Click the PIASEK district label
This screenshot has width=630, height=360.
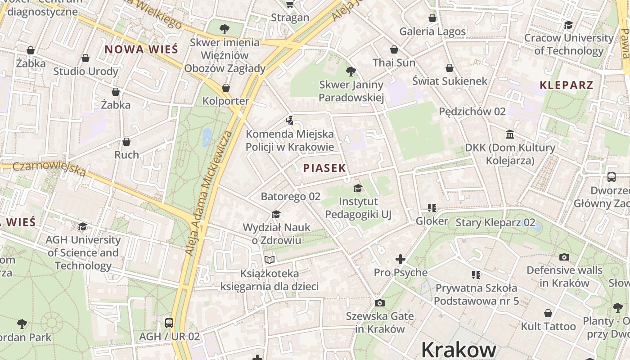click(324, 168)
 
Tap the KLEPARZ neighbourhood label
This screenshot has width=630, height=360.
click(566, 85)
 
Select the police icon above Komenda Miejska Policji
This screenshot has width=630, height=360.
click(289, 121)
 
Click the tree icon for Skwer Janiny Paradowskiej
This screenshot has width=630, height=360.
click(351, 71)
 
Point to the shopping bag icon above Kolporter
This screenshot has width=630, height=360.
click(225, 88)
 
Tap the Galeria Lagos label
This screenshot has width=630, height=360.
click(432, 31)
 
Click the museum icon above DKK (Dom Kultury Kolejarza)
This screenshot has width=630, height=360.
click(510, 134)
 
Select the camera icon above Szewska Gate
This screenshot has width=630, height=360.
click(380, 303)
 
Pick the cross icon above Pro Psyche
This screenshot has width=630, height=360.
click(400, 259)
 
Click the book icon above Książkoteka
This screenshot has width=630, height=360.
click(269, 260)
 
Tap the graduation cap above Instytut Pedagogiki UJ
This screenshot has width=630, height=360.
click(358, 188)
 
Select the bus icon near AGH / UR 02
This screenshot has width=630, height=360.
click(169, 323)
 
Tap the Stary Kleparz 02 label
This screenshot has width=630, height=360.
click(495, 222)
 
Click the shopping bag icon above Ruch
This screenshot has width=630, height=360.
click(126, 142)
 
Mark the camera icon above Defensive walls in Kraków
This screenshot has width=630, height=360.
click(564, 257)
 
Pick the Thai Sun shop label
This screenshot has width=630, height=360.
click(394, 63)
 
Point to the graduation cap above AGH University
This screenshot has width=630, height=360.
click(82, 226)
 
